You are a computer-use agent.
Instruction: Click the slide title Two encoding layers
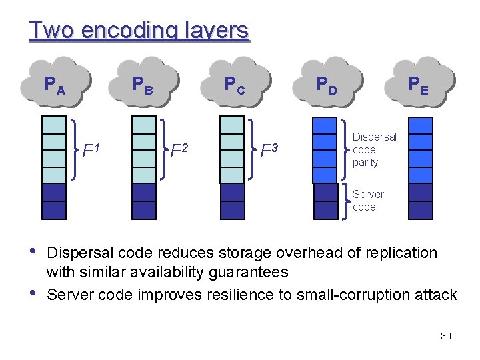click(139, 30)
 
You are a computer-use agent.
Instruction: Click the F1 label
click(92, 151)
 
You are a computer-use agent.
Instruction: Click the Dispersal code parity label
click(374, 149)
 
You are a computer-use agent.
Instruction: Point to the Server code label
click(368, 201)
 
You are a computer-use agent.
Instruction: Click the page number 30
click(446, 336)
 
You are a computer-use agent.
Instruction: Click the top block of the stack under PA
click(54, 125)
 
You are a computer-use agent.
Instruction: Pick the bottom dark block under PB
click(144, 211)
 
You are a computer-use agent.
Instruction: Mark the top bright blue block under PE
click(420, 125)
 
